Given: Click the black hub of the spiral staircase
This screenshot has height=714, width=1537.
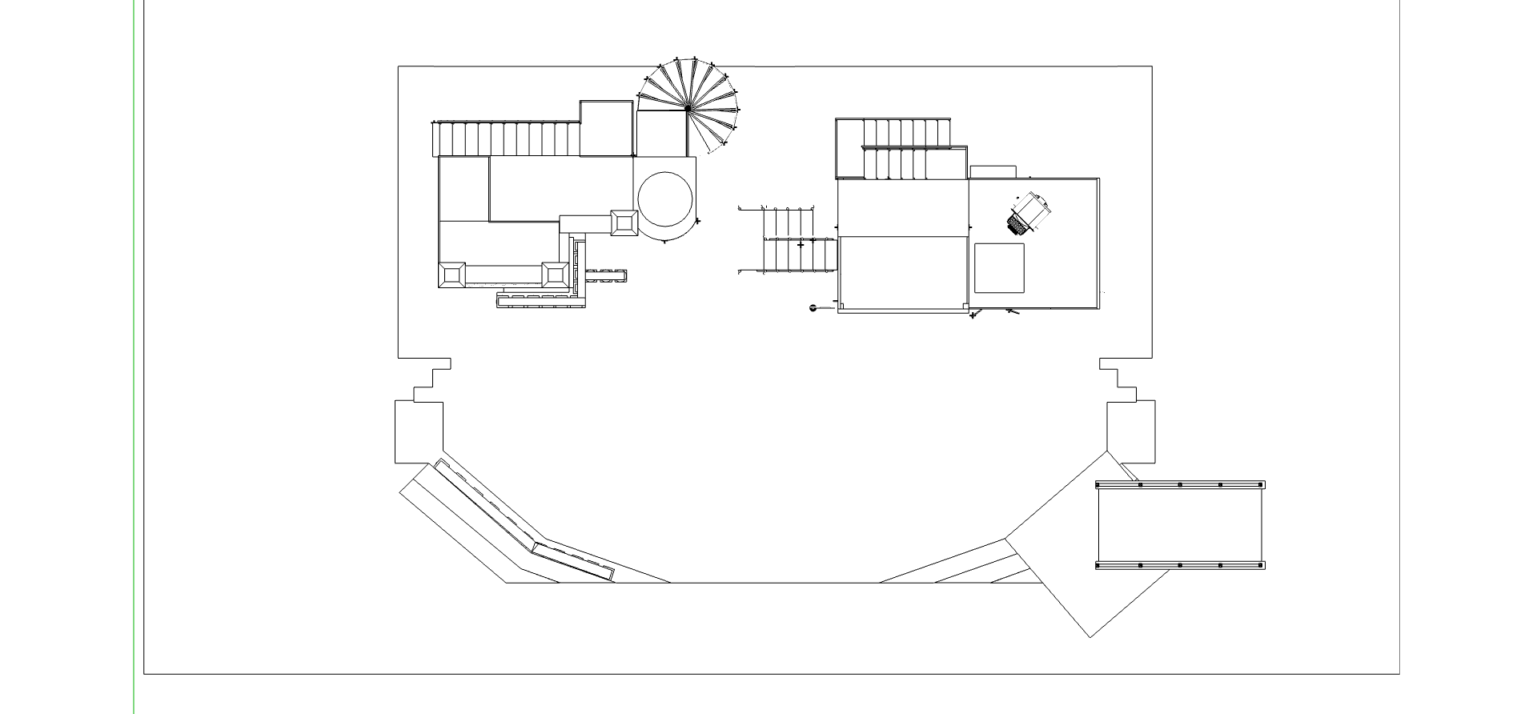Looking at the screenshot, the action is (688, 107).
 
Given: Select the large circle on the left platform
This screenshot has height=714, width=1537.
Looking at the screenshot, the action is (665, 199).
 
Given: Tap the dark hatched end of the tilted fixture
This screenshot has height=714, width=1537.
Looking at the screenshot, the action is (1018, 223).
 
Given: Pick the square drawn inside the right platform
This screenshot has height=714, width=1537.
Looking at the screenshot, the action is (999, 268).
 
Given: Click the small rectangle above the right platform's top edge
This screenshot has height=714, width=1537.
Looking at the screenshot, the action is (993, 171).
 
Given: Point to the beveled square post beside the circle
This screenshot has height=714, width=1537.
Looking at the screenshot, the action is (624, 223).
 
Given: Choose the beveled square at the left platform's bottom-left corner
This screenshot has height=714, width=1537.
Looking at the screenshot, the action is (451, 275).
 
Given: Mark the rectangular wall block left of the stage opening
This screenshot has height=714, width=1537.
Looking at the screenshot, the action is (419, 432).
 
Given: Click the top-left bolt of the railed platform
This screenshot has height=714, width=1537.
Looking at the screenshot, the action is (1100, 485).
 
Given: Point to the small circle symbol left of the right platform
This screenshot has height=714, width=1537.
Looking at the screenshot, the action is (813, 307).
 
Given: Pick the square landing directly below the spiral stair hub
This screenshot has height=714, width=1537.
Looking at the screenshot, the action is (662, 133).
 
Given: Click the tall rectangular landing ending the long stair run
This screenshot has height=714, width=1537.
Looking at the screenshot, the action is (606, 128).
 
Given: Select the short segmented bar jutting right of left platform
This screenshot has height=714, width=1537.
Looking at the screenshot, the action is (606, 275).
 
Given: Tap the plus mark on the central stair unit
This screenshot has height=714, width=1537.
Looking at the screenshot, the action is (801, 245).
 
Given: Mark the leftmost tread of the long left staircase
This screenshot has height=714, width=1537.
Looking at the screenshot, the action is (438, 139).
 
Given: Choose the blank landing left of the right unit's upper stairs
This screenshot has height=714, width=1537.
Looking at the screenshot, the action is (849, 148).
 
